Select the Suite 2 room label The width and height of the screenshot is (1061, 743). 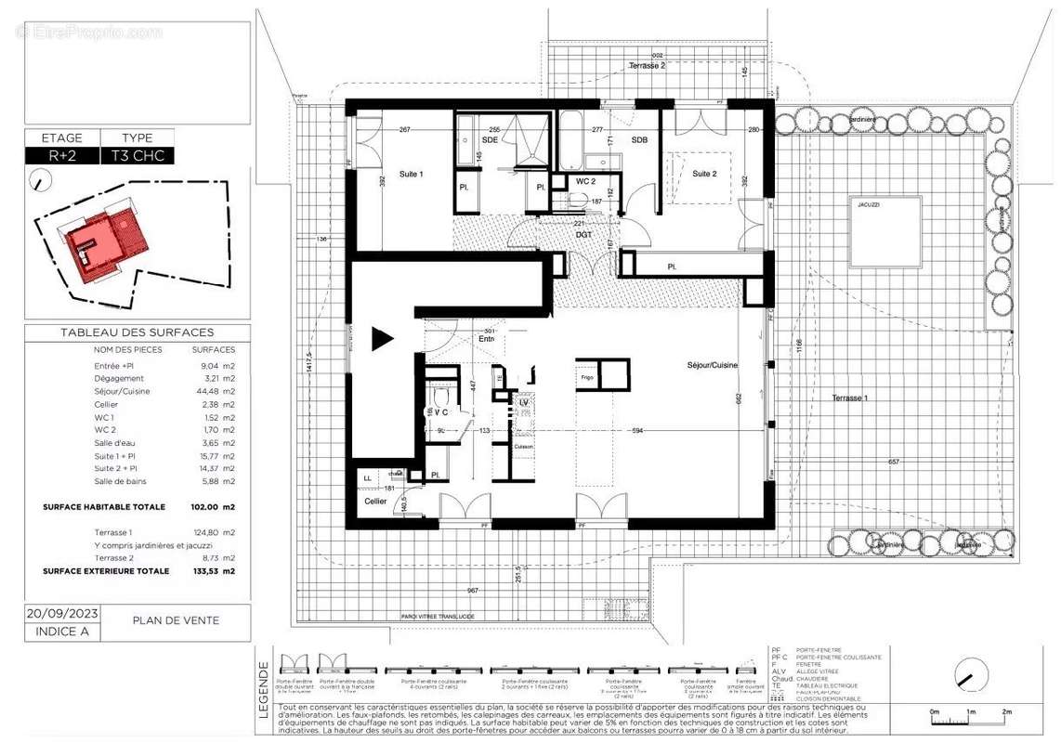705,174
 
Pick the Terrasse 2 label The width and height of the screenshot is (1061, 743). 647,66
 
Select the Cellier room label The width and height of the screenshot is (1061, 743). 374,501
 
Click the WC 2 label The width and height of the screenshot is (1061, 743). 585,180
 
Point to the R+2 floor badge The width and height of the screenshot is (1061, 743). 56,156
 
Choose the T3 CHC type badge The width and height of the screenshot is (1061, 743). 137,156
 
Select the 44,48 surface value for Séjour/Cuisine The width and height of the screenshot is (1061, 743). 214,391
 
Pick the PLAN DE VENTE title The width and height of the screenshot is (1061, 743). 176,620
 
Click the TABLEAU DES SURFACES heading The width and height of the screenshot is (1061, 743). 137,332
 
